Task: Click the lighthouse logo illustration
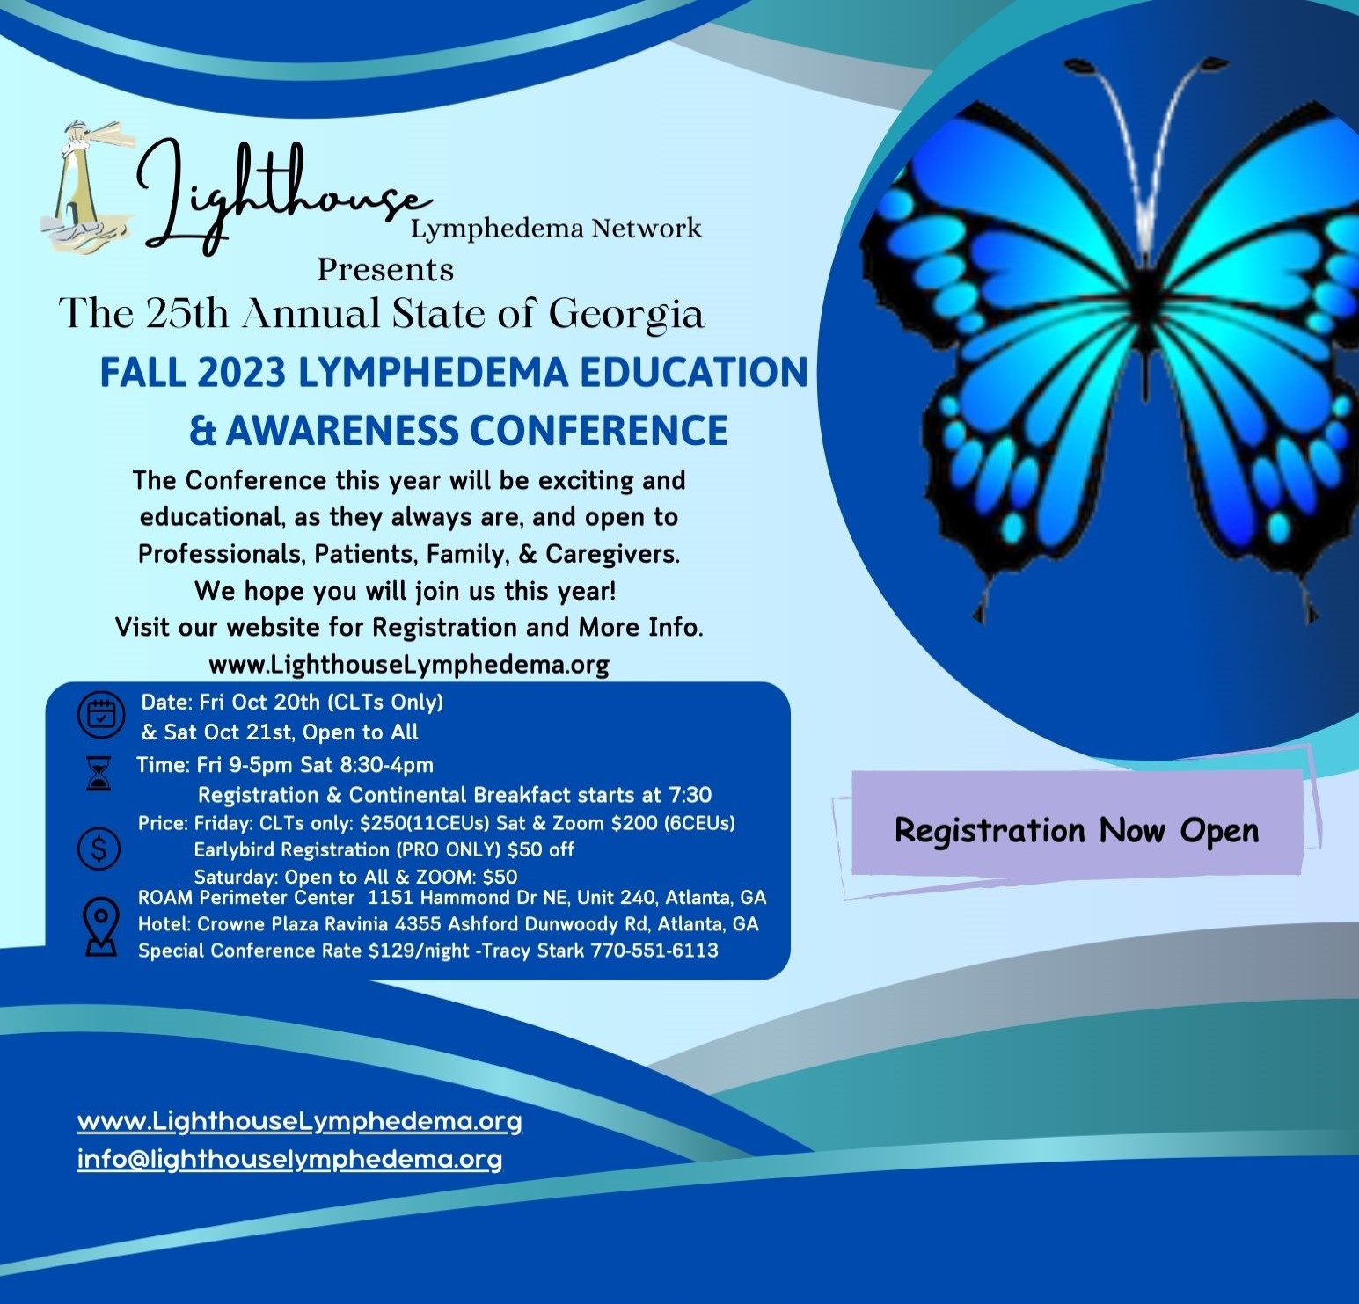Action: click(87, 188)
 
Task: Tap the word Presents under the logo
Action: click(385, 269)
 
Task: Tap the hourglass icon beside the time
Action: click(99, 773)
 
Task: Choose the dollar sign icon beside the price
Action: click(99, 849)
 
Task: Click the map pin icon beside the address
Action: click(101, 927)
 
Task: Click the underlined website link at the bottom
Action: click(300, 1122)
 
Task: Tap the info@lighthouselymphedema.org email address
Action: click(289, 1159)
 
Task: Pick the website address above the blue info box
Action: click(409, 665)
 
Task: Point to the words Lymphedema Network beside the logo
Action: click(556, 229)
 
